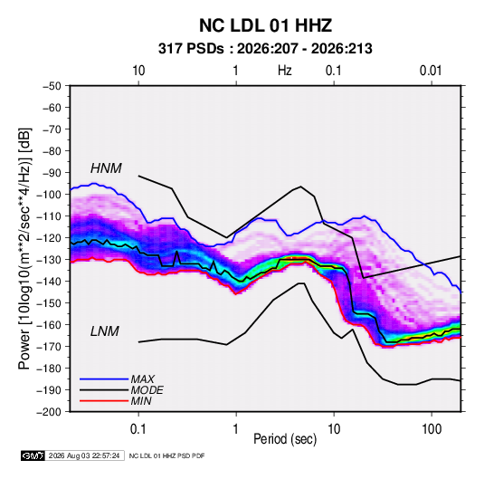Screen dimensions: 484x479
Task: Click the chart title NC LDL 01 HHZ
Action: tap(265, 25)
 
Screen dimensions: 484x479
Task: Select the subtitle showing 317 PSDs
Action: tap(265, 49)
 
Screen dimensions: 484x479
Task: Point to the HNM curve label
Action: tap(106, 168)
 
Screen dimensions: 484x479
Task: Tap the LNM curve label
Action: tap(104, 331)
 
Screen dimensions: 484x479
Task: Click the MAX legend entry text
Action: tap(142, 379)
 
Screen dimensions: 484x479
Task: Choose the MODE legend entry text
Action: tap(147, 390)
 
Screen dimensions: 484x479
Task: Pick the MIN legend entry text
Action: tap(141, 401)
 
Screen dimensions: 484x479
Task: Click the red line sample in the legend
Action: tap(104, 401)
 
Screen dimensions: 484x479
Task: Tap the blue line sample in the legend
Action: tap(104, 379)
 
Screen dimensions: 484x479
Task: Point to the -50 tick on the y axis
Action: tap(52, 86)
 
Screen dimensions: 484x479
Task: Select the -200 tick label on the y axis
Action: tap(49, 412)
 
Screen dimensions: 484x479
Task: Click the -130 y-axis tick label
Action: tap(49, 260)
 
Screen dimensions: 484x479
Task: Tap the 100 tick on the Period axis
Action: tap(432, 429)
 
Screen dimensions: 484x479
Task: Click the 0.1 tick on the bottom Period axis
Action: tap(138, 429)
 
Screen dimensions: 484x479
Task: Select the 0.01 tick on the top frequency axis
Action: tap(431, 71)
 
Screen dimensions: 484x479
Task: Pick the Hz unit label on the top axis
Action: tap(285, 71)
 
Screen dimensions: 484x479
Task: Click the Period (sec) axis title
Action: tap(285, 439)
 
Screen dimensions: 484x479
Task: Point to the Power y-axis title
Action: tap(24, 249)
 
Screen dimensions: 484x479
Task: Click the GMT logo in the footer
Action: tap(33, 455)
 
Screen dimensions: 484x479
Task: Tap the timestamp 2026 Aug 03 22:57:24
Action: tap(84, 455)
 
